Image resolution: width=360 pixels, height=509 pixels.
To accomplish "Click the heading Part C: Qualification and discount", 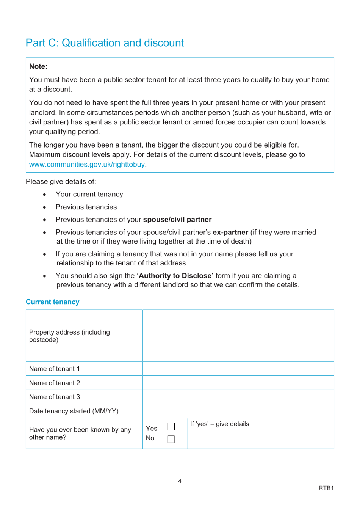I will pyautogui.click(x=105, y=43).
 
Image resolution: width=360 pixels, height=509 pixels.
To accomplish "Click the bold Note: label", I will pyautogui.click(x=38, y=66).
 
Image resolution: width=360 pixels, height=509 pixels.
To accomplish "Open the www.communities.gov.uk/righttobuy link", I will pyautogui.click(x=87, y=164).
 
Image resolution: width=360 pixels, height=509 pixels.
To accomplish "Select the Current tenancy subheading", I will pyautogui.click(x=53, y=302).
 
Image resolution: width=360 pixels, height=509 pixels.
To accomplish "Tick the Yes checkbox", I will pyautogui.click(x=171, y=427).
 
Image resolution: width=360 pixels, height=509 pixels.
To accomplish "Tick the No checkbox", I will pyautogui.click(x=171, y=439).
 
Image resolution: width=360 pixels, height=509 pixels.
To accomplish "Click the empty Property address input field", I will pyautogui.click(x=238, y=336).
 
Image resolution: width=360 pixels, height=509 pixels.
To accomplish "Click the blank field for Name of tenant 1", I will pyautogui.click(x=238, y=369).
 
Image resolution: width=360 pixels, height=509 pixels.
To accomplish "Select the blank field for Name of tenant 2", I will pyautogui.click(x=238, y=383).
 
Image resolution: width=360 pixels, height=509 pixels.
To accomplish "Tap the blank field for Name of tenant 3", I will pyautogui.click(x=238, y=397).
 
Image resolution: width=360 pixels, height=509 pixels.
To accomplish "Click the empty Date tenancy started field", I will pyautogui.click(x=238, y=411).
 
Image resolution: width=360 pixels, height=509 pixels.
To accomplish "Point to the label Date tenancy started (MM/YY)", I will pyautogui.click(x=74, y=411).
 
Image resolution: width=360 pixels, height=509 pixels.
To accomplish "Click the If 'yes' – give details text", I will pyautogui.click(x=219, y=424).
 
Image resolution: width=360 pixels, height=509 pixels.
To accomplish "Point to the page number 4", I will pyautogui.click(x=180, y=481).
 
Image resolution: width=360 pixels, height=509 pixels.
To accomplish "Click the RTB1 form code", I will pyautogui.click(x=326, y=488).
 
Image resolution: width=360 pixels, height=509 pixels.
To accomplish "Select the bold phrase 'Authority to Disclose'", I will pyautogui.click(x=175, y=276).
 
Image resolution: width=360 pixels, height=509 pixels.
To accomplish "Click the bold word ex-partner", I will pyautogui.click(x=230, y=232).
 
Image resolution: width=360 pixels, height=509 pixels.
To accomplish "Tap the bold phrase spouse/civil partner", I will pyautogui.click(x=177, y=220).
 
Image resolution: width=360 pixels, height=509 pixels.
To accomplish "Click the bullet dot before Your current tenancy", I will pyautogui.click(x=45, y=195).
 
